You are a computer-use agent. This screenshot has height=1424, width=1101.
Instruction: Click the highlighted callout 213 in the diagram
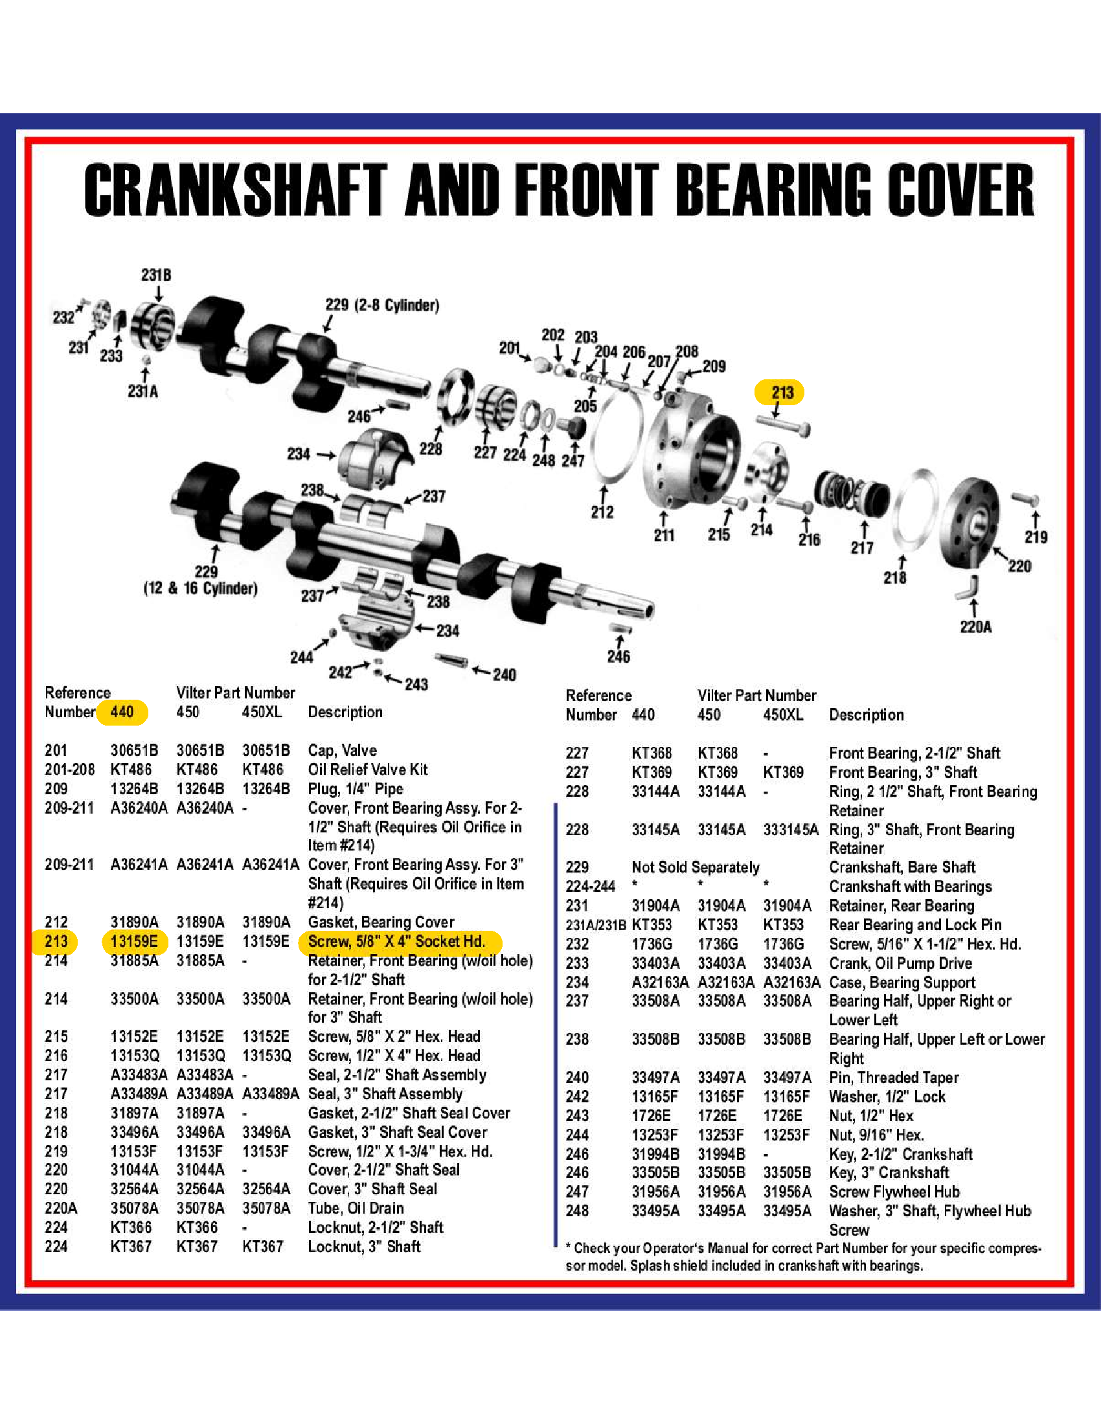(x=782, y=392)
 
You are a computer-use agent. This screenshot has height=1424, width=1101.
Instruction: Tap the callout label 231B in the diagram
(x=156, y=275)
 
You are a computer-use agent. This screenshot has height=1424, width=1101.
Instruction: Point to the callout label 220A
(x=975, y=627)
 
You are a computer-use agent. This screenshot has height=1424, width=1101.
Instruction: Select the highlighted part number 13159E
(x=134, y=942)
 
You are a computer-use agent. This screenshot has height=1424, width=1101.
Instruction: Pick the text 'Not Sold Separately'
(x=696, y=868)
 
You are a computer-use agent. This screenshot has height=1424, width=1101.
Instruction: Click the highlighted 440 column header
(x=122, y=712)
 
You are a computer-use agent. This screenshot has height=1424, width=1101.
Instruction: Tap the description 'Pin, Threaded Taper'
(x=894, y=1078)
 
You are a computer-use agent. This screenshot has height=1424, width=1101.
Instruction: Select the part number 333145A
(x=791, y=830)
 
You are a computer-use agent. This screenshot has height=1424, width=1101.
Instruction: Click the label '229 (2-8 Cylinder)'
(x=382, y=305)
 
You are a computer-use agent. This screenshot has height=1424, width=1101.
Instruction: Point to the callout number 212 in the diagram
(x=602, y=513)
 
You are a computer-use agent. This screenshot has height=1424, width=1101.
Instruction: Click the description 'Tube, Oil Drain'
(x=356, y=1208)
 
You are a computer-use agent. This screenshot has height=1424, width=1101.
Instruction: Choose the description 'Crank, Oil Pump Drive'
(x=900, y=964)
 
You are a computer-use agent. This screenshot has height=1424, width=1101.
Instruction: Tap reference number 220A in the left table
(x=61, y=1208)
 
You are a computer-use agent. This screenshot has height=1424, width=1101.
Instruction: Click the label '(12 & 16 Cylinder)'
(x=200, y=588)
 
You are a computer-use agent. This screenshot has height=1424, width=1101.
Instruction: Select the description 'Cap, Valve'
(x=343, y=750)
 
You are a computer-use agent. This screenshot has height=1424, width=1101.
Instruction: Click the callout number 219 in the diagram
(x=1036, y=537)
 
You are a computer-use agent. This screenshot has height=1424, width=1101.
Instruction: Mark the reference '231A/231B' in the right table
(x=595, y=925)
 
